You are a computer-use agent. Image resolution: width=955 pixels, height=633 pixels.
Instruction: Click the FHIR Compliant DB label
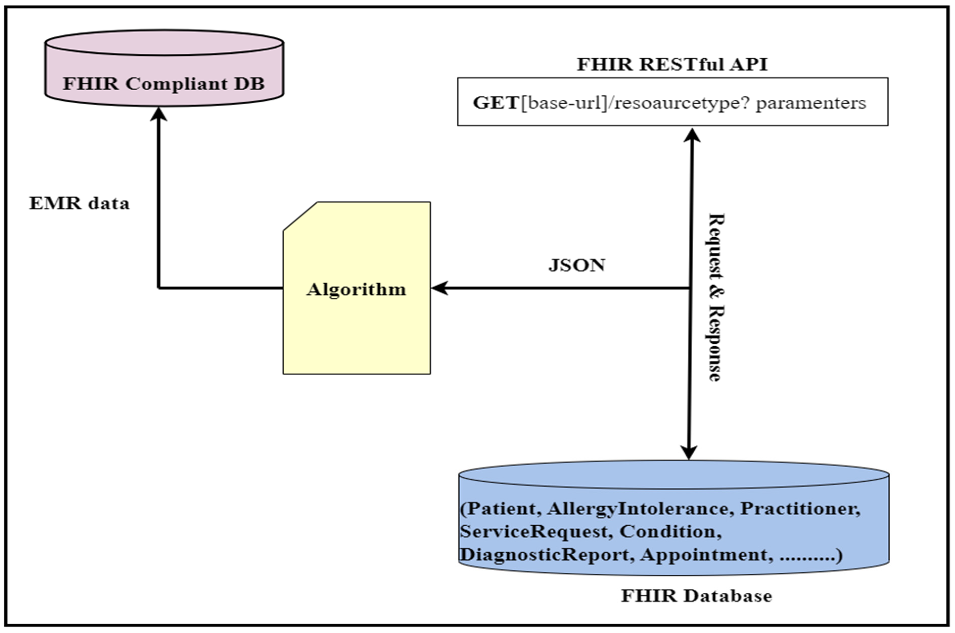point(164,84)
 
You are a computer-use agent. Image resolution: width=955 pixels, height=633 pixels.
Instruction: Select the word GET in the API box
point(496,103)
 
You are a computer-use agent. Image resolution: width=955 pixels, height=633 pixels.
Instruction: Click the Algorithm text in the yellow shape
point(356,289)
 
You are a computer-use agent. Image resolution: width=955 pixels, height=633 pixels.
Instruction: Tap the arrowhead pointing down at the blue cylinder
point(689,453)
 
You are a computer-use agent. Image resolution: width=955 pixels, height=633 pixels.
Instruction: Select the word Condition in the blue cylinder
point(670,531)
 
